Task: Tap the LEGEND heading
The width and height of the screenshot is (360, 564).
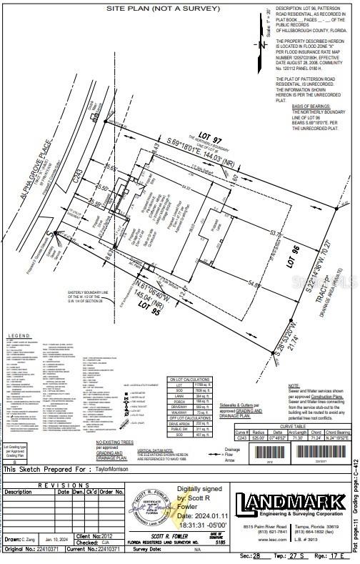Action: pyautogui.click(x=19, y=336)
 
